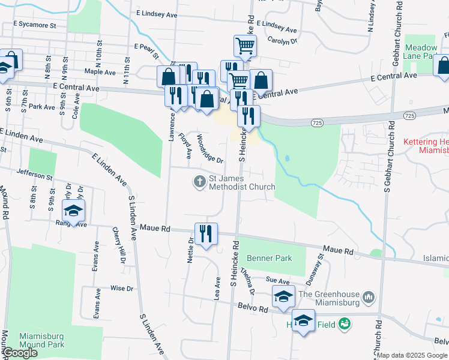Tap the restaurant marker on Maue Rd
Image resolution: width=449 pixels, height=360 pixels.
206,234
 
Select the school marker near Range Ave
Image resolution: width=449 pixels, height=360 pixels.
74,211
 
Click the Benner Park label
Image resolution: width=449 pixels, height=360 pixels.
269,258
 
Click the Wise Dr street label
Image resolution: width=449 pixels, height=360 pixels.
121,289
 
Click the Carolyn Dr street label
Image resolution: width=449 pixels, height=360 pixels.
282,41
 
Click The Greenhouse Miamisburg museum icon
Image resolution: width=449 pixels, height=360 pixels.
369,296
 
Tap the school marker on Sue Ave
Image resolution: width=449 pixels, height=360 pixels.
284,296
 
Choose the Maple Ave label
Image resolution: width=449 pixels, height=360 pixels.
100,72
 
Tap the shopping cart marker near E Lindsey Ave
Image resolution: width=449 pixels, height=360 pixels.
245,46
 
